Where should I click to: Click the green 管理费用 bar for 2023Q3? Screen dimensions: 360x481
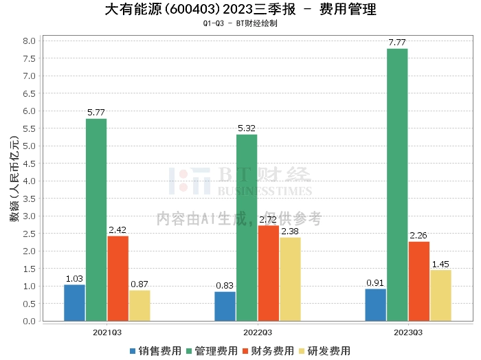click(397, 185)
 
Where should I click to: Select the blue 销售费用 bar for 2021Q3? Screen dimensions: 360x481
click(74, 303)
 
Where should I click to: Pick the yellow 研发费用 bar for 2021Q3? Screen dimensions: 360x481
click(139, 306)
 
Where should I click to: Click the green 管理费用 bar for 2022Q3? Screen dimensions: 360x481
click(247, 227)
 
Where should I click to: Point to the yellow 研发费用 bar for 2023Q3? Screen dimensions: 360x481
click(440, 295)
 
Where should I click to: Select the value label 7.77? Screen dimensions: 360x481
click(397, 43)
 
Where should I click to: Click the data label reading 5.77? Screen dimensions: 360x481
click(96, 113)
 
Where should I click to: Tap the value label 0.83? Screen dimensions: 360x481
click(225, 286)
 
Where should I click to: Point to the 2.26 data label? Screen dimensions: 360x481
click(418, 236)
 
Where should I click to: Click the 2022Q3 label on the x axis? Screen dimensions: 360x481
click(258, 332)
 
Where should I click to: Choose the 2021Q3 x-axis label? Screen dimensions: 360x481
click(107, 332)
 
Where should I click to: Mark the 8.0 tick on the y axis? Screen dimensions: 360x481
click(29, 41)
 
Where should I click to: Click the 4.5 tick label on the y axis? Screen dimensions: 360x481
click(29, 164)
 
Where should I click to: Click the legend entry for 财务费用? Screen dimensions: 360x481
click(266, 350)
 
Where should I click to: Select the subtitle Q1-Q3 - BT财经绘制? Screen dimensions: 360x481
click(240, 23)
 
